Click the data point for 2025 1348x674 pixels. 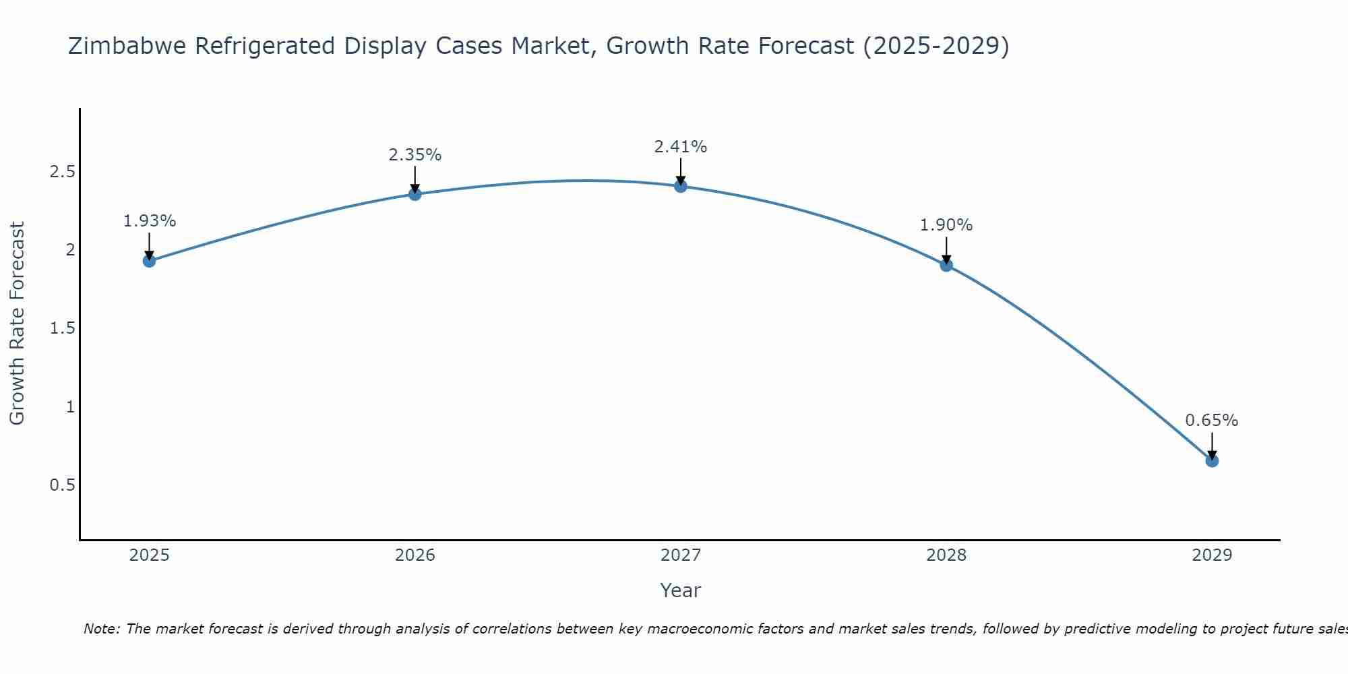[x=150, y=261]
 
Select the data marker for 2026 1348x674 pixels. [x=415, y=194]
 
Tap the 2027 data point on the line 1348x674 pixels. [x=681, y=186]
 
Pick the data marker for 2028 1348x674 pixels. [x=946, y=265]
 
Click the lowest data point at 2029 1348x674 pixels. [x=1212, y=461]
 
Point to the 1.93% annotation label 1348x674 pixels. [x=150, y=221]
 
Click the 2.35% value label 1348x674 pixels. [x=415, y=155]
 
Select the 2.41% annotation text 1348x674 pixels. [x=681, y=147]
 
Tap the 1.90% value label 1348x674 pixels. [x=946, y=225]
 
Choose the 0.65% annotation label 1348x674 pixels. [x=1212, y=421]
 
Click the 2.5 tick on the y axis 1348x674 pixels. [x=62, y=172]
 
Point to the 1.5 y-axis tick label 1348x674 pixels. [x=62, y=328]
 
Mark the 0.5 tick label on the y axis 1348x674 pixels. [x=62, y=485]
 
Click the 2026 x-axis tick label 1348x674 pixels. [x=415, y=555]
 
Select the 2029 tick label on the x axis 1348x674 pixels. [x=1212, y=555]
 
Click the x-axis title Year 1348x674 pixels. [x=681, y=590]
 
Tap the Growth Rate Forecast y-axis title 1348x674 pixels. [x=18, y=324]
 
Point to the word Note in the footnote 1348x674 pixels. [x=101, y=629]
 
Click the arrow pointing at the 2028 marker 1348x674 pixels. [x=946, y=251]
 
